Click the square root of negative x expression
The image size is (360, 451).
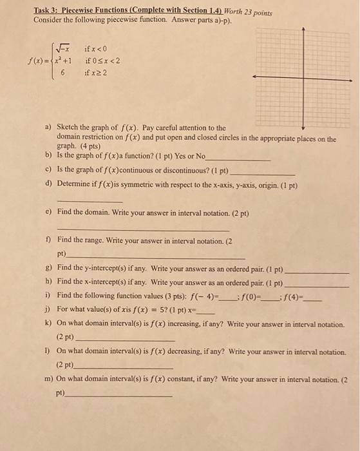pos(64,48)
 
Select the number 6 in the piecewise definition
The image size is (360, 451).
pos(64,73)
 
